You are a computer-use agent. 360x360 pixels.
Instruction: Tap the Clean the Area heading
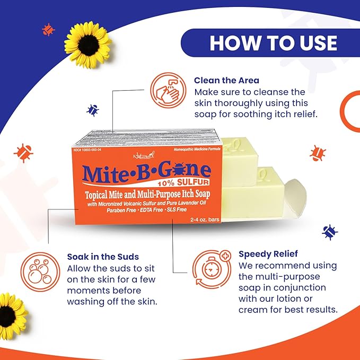(226, 81)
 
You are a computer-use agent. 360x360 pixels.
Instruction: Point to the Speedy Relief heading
(268, 253)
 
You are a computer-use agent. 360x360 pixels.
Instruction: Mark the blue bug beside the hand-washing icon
(94, 110)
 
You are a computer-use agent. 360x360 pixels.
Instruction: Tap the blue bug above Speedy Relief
(330, 232)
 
